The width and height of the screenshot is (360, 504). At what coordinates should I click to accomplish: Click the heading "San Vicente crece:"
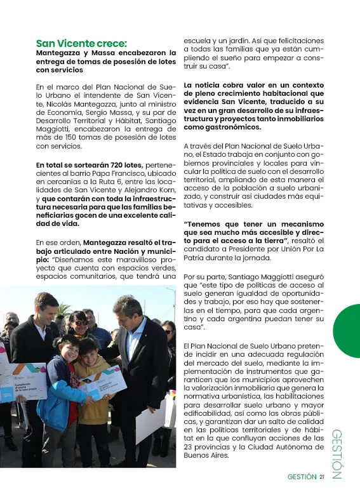point(81,43)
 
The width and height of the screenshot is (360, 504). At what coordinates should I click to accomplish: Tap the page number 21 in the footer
point(323,477)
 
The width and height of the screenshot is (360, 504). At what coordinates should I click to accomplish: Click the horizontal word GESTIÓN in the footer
point(301,477)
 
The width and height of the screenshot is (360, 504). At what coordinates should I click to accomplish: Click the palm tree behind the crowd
point(64,308)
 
